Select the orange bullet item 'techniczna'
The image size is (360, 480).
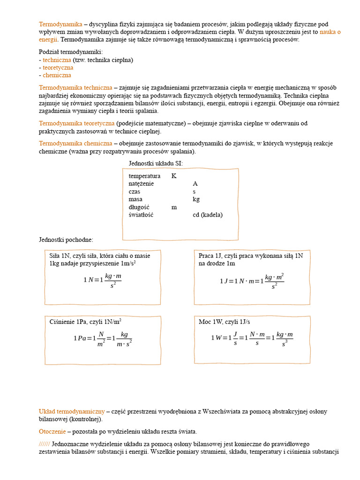click(57, 60)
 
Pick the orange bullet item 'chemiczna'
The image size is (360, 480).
click(57, 75)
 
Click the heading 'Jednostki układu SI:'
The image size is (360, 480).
click(156, 163)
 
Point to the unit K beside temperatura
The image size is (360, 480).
click(174, 176)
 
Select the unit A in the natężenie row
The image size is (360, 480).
click(195, 184)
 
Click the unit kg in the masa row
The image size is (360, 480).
click(196, 199)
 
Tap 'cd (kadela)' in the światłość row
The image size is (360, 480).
click(208, 215)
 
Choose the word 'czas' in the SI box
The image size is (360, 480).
click(135, 191)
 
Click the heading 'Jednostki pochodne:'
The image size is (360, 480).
click(66, 240)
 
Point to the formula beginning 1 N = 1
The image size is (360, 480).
click(103, 280)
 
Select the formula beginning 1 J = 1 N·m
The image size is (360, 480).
click(252, 281)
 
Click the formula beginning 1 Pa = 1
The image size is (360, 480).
click(103, 338)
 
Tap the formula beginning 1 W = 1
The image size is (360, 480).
click(252, 337)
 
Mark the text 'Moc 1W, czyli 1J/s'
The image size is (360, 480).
click(225, 322)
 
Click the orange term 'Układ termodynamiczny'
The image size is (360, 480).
click(72, 411)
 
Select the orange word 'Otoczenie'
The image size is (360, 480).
click(52, 431)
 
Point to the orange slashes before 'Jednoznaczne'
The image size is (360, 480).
click(44, 443)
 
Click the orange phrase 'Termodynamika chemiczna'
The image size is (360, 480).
click(75, 143)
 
